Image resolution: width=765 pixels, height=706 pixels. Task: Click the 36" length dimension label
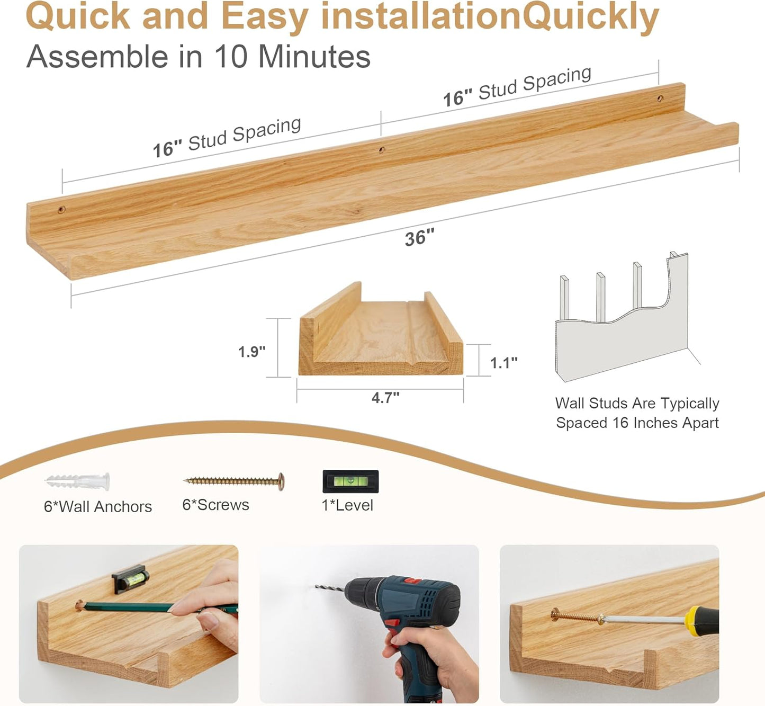point(419,237)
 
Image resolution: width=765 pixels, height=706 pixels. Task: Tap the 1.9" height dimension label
point(251,352)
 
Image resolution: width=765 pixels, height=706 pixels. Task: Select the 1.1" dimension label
point(503,363)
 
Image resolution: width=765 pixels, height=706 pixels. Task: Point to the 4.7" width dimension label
point(385,397)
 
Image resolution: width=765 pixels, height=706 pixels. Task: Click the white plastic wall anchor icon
point(78,481)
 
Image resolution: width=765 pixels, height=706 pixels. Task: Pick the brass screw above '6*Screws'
point(234,481)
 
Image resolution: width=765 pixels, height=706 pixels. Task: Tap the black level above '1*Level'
point(350,481)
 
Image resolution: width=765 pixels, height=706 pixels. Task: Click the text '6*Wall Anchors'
point(98,507)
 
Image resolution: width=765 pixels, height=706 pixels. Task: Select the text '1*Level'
point(347,505)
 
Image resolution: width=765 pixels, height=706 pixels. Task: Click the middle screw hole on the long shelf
point(381,150)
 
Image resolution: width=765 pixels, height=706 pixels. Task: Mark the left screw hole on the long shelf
point(61,210)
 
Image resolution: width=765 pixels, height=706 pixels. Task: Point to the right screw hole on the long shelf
point(660,99)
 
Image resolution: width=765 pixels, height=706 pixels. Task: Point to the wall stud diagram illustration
point(622,318)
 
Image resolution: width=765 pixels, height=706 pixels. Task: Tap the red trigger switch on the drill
point(392,623)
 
